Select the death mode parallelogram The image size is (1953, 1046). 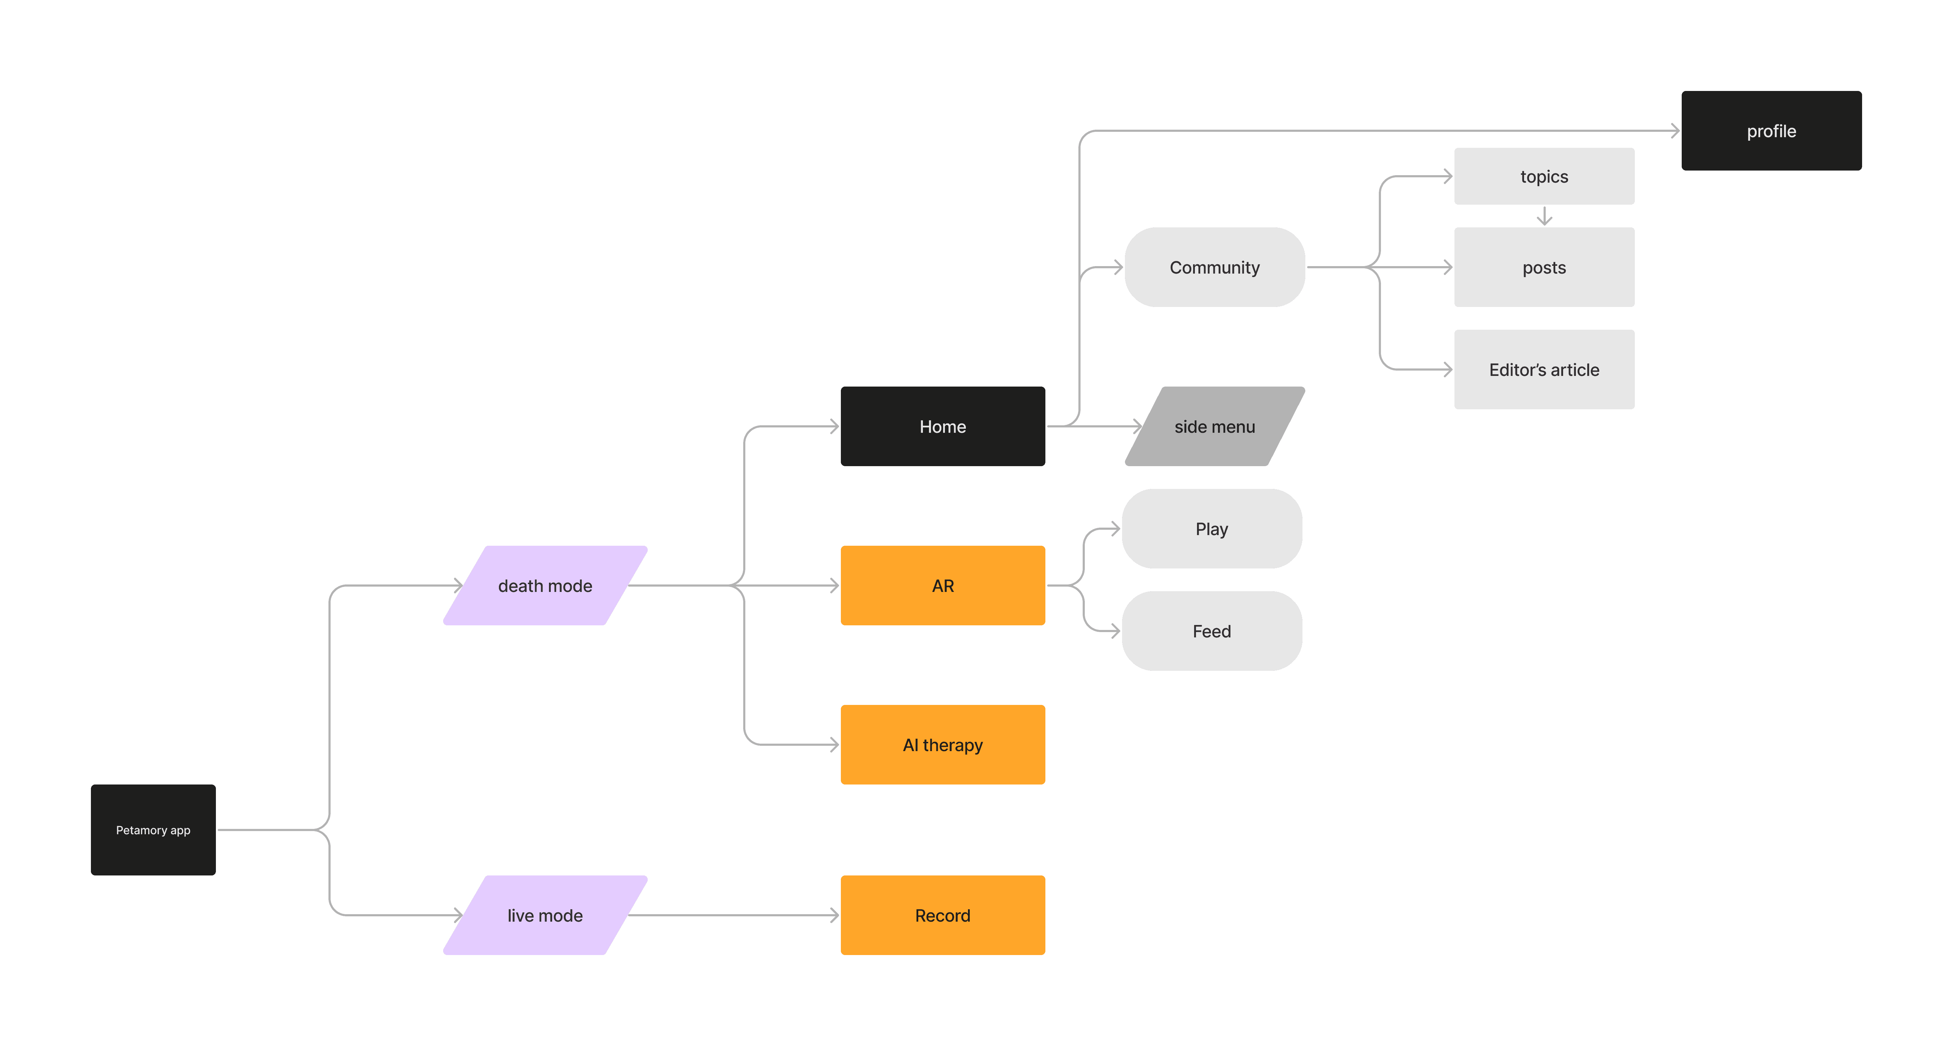[x=545, y=586]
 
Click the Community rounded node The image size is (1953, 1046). [x=1214, y=267]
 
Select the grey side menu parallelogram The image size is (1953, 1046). [x=1214, y=426]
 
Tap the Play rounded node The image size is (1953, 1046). [x=1212, y=529]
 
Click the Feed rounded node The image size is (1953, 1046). [x=1212, y=631]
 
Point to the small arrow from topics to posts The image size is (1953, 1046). [x=1544, y=216]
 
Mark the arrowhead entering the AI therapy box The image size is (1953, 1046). [x=835, y=745]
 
